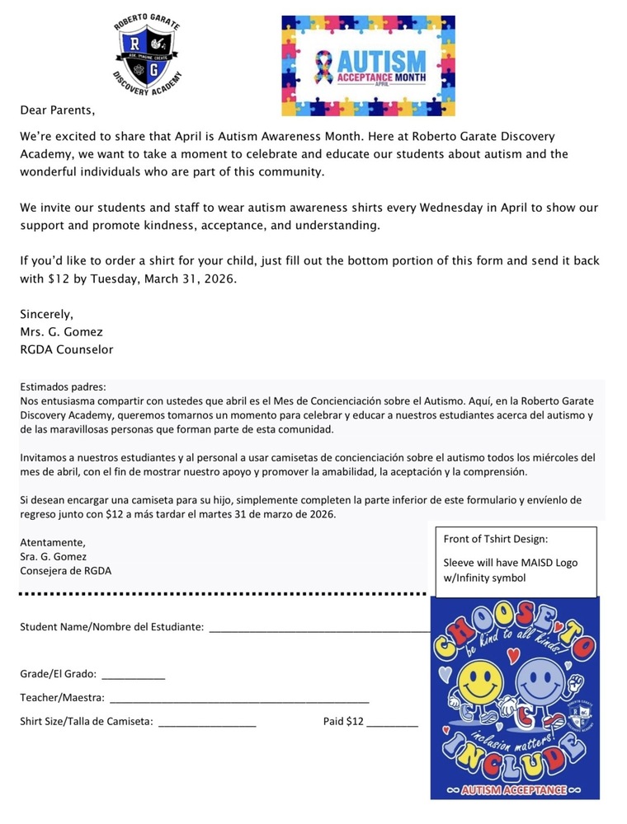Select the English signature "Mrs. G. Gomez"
click(62, 331)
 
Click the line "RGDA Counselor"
click(67, 349)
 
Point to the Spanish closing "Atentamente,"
click(52, 542)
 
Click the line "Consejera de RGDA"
click(65, 570)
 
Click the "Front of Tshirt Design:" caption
click(496, 540)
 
